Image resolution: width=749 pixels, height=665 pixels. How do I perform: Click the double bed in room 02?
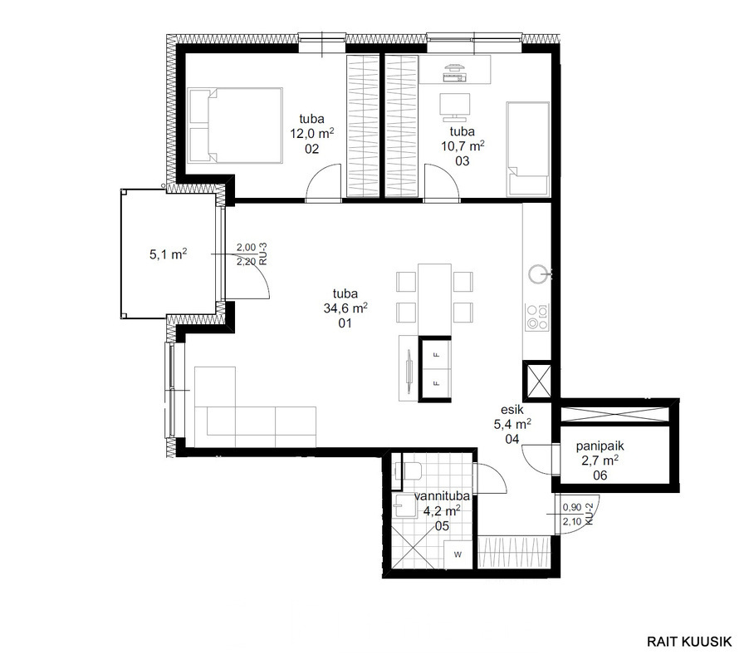point(236,126)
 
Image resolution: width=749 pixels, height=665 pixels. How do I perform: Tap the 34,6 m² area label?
point(345,308)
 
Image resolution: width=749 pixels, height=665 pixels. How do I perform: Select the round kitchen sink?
point(537,274)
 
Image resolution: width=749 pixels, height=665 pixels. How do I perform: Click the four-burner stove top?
point(537,318)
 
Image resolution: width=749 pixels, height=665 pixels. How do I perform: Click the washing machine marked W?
point(458,554)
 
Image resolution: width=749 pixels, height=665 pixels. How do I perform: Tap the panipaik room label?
point(600,446)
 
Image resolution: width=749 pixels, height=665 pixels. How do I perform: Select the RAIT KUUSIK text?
point(689,642)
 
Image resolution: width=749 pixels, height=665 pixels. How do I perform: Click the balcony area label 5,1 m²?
point(168,254)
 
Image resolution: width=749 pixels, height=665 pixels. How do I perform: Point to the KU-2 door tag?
point(590,514)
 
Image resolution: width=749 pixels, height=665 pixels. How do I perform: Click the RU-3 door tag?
point(262,254)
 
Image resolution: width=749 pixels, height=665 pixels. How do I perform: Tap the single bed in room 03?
point(528,149)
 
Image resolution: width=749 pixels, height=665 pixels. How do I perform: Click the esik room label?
point(512,410)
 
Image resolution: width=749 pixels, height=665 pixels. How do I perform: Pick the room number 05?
point(443,526)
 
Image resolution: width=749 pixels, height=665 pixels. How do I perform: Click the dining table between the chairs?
point(434,299)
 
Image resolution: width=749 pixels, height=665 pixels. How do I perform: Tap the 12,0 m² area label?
point(312,133)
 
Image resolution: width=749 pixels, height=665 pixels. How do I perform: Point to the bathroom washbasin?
point(404,505)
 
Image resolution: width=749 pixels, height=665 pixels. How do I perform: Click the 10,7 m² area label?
point(463,145)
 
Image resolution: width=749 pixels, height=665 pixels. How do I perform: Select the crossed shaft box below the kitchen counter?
point(537,381)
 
